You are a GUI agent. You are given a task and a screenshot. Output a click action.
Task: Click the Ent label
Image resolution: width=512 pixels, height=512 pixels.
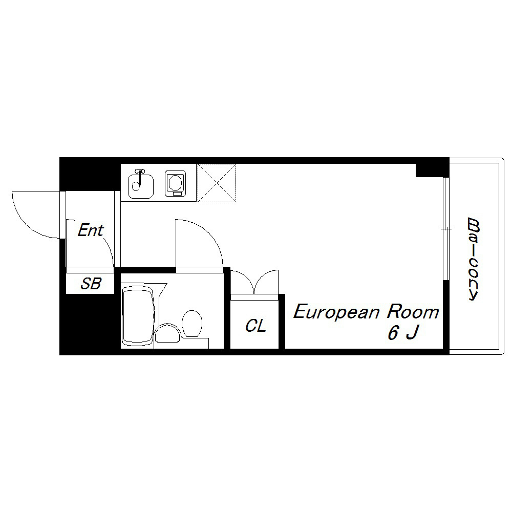click(x=91, y=230)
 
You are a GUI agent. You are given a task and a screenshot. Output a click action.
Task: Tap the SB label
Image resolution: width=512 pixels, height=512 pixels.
click(x=91, y=284)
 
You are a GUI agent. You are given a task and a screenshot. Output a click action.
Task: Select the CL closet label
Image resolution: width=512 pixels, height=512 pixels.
click(x=255, y=326)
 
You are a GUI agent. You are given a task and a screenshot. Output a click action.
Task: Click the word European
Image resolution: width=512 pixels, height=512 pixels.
click(x=336, y=312)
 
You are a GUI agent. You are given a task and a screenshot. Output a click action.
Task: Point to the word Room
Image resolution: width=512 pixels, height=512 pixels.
click(x=413, y=312)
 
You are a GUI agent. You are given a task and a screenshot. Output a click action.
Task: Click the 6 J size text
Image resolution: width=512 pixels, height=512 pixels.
click(x=403, y=333)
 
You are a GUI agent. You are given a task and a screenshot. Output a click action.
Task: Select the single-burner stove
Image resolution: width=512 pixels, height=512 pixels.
click(x=175, y=183)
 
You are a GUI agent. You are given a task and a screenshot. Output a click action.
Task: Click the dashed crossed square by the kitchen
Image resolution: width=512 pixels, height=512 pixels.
click(x=217, y=183)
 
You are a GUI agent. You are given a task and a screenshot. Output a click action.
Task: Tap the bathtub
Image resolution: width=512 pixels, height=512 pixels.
click(x=138, y=316)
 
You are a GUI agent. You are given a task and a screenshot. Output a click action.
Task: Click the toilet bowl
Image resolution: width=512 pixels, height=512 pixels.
click(x=191, y=323)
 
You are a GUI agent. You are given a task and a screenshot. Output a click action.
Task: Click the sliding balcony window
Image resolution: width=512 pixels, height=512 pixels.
click(x=446, y=229)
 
